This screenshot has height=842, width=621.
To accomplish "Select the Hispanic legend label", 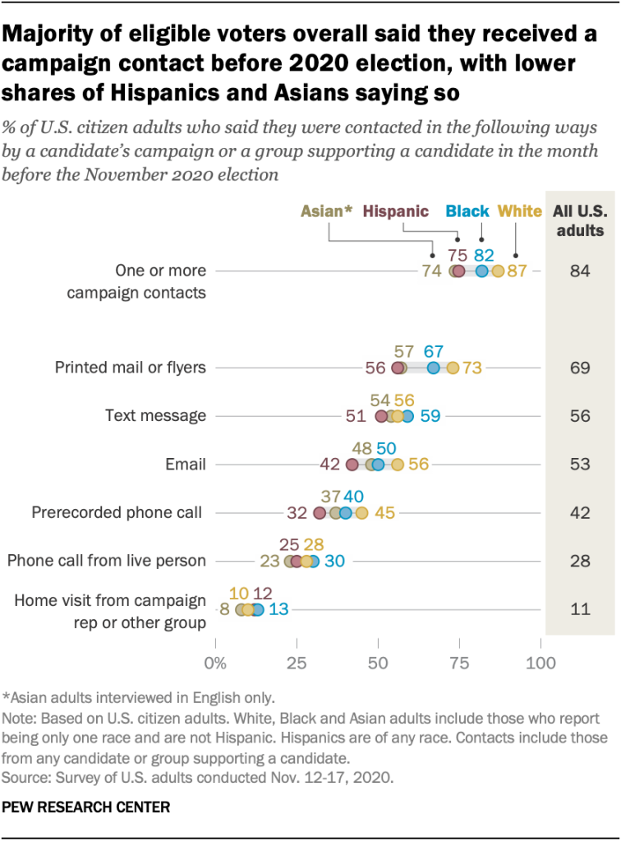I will coord(396,211).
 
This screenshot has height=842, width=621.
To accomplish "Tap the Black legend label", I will coord(467,211).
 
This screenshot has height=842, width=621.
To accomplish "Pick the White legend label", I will coord(520,211).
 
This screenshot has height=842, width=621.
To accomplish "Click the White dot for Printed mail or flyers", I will coord(453,368).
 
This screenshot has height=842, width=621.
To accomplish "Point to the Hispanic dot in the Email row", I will coord(352,465).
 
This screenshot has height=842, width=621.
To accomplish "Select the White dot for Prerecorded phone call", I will coord(361,513).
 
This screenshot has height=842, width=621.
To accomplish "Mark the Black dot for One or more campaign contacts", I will coord(481,271).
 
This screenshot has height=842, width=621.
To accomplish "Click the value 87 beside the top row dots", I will coord(517,271).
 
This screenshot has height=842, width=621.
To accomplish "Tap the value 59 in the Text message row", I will coord(430,416).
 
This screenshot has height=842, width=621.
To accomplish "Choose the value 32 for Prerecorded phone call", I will coord(297,513).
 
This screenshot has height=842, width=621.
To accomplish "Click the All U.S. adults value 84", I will coord(580,271).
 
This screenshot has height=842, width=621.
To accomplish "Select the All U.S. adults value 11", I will coord(580,609).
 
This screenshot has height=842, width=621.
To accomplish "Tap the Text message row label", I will coord(155,416).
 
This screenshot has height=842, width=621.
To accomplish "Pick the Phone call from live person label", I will coord(106,562).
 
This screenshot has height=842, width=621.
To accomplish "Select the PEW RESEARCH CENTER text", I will coord(87,807).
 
